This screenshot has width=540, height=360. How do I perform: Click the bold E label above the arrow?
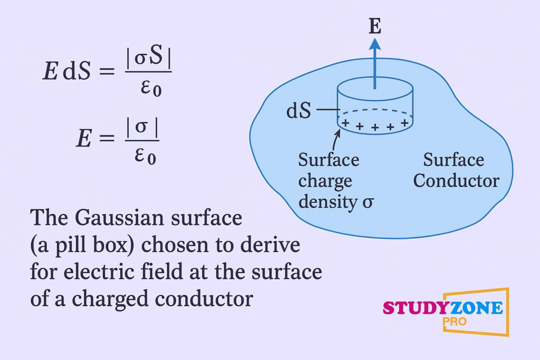(374, 27)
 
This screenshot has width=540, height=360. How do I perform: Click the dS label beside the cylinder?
(298, 112)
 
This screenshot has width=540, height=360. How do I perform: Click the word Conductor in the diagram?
(456, 181)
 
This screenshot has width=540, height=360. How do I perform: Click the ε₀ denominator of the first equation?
(151, 89)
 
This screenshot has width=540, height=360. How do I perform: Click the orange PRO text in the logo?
(455, 322)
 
